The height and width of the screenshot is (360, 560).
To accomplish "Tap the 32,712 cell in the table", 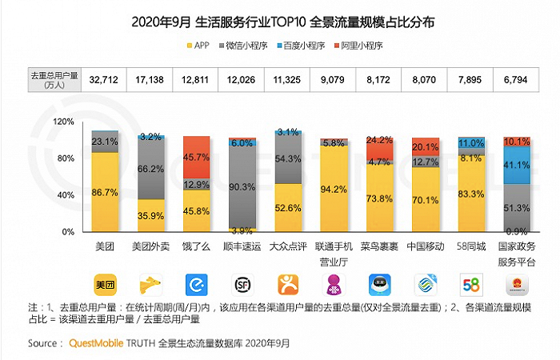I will [x=104, y=79].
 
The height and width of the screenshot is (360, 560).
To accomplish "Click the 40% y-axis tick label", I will [x=65, y=194].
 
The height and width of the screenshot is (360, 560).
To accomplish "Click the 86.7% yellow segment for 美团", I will [x=104, y=192].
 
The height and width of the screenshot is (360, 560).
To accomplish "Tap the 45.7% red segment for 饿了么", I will [x=196, y=157].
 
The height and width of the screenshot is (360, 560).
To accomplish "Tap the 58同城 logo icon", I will [x=471, y=284].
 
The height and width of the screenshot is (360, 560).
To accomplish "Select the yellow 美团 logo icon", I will [x=104, y=284].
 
